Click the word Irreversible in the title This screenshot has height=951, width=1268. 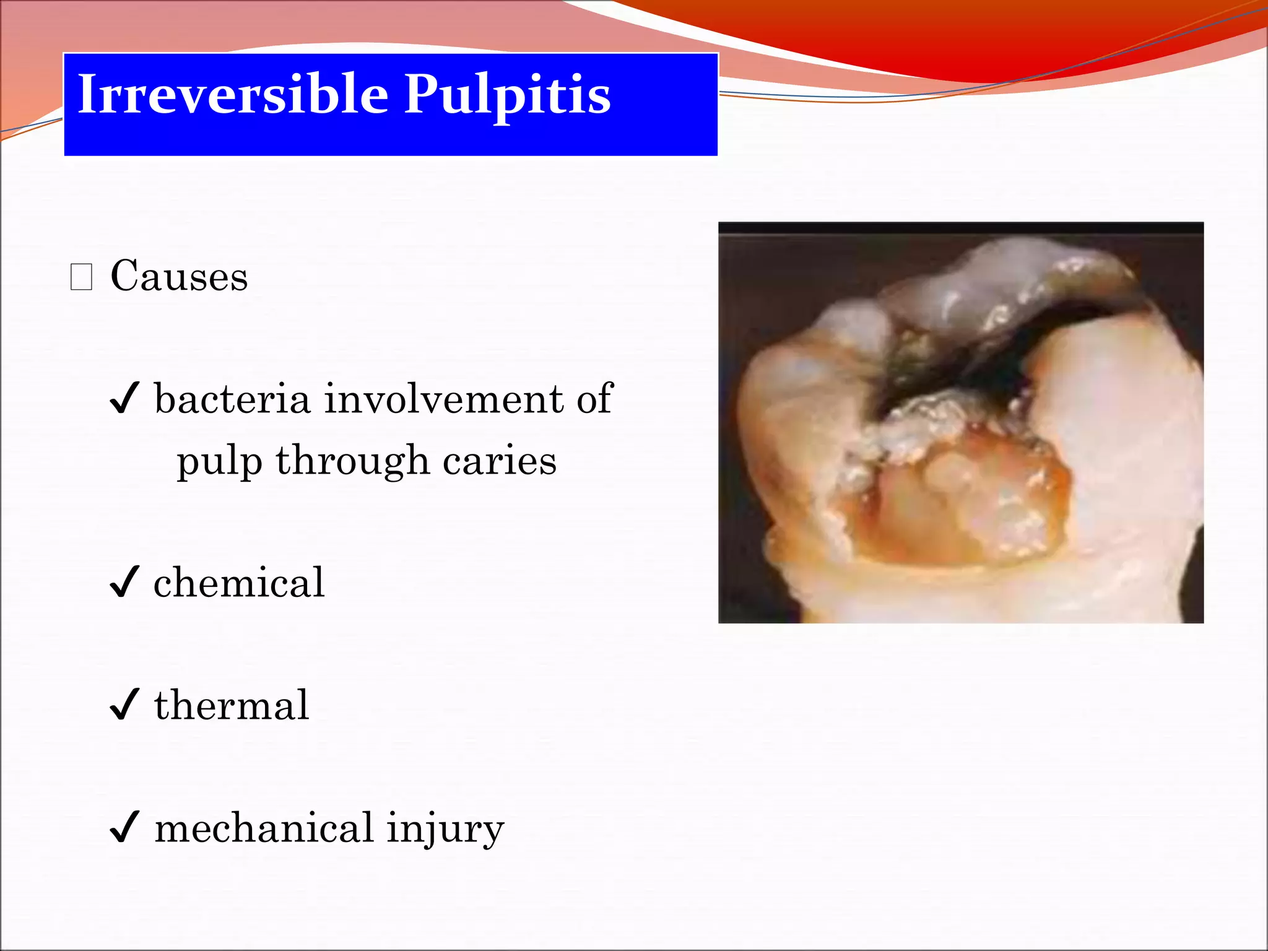(233, 94)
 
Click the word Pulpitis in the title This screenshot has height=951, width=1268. (507, 95)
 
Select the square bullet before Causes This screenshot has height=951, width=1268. (82, 277)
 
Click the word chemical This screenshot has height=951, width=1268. (238, 583)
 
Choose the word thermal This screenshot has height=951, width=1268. (231, 705)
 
